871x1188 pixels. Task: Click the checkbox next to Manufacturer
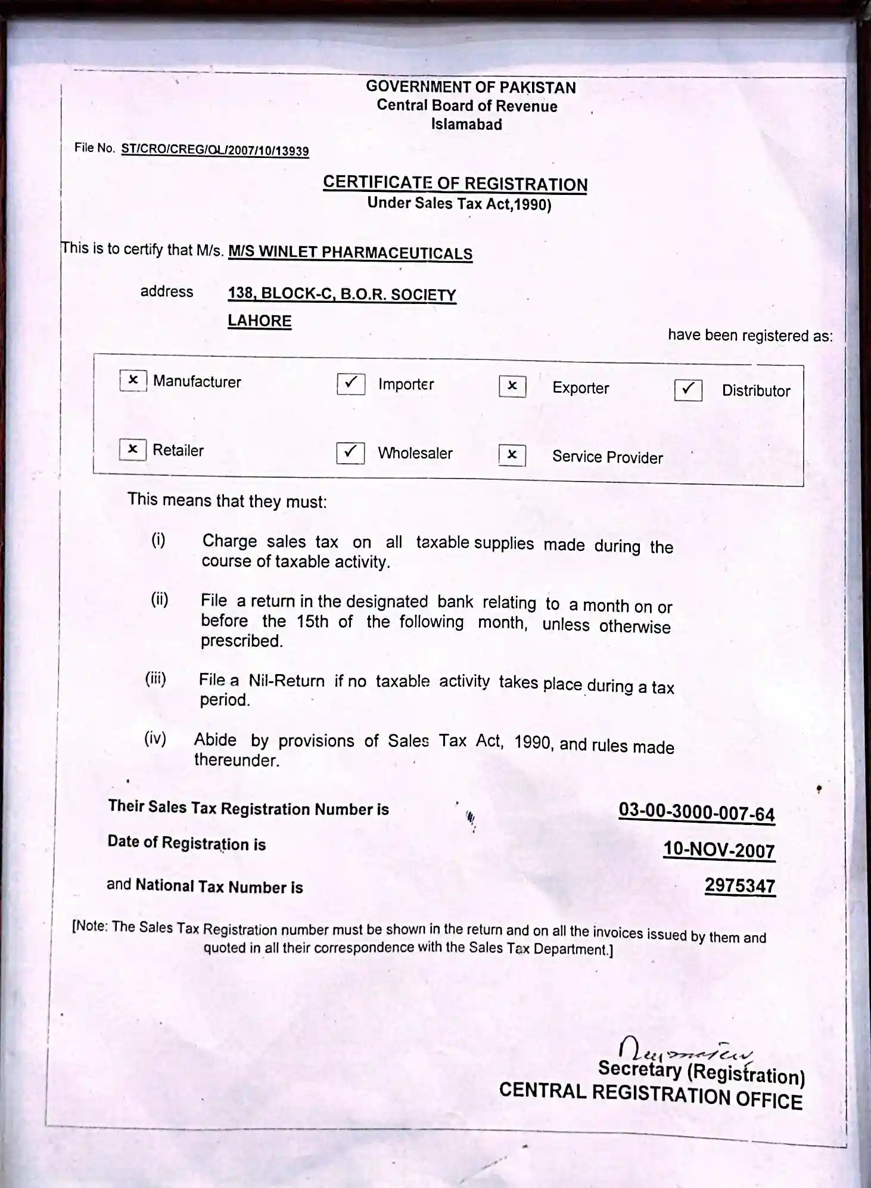[133, 380]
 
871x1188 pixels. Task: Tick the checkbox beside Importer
[351, 383]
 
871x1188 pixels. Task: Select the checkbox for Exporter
[512, 386]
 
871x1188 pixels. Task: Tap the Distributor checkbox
[688, 390]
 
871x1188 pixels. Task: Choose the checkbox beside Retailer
[132, 449]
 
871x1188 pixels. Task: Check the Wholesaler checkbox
[350, 452]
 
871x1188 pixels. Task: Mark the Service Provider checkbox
[512, 455]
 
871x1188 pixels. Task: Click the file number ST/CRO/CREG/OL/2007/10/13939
[215, 150]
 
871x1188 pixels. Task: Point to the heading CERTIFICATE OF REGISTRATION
[455, 183]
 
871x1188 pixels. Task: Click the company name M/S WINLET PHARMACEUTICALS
[350, 252]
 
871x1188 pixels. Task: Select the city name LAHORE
[260, 321]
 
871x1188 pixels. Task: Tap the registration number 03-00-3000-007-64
[696, 812]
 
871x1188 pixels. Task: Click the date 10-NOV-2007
[719, 849]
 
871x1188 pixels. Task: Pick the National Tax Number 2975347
[740, 886]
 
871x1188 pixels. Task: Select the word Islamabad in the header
[466, 125]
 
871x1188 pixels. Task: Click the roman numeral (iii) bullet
[155, 678]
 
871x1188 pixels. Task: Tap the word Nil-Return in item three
[287, 681]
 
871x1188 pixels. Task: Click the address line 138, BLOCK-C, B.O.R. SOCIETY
[342, 294]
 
